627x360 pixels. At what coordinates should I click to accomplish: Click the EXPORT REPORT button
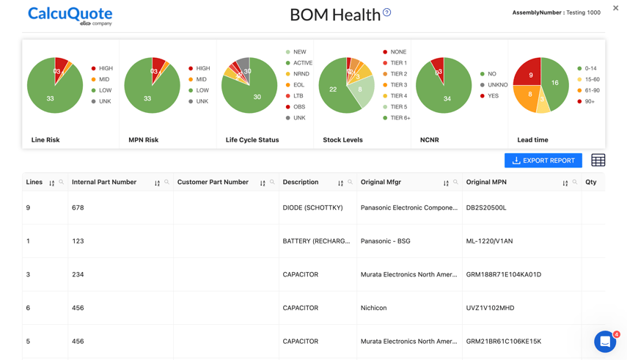[543, 161]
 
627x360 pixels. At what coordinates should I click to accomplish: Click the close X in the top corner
[615, 8]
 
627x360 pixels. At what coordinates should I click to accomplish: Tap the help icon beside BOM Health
[386, 12]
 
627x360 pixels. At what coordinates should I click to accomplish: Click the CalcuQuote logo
[70, 15]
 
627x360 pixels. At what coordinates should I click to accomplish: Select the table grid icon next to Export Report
[598, 161]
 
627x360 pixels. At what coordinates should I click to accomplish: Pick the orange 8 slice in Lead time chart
[528, 95]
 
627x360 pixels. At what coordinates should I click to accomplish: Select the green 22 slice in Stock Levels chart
[334, 90]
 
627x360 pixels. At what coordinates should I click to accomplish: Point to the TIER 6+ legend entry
[399, 118]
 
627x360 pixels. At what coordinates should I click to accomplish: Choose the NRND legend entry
[301, 74]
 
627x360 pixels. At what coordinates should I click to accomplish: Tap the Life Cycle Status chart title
[252, 140]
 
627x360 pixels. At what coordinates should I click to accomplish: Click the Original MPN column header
[486, 182]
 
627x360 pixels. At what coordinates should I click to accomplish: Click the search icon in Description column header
[350, 182]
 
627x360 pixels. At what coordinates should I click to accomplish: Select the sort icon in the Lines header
[51, 183]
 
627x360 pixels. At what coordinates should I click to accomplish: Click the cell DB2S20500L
[486, 207]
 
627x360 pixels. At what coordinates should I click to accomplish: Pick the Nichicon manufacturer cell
[373, 308]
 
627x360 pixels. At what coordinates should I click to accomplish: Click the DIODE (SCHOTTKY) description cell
[312, 207]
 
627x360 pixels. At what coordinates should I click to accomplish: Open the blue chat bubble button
[604, 342]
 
